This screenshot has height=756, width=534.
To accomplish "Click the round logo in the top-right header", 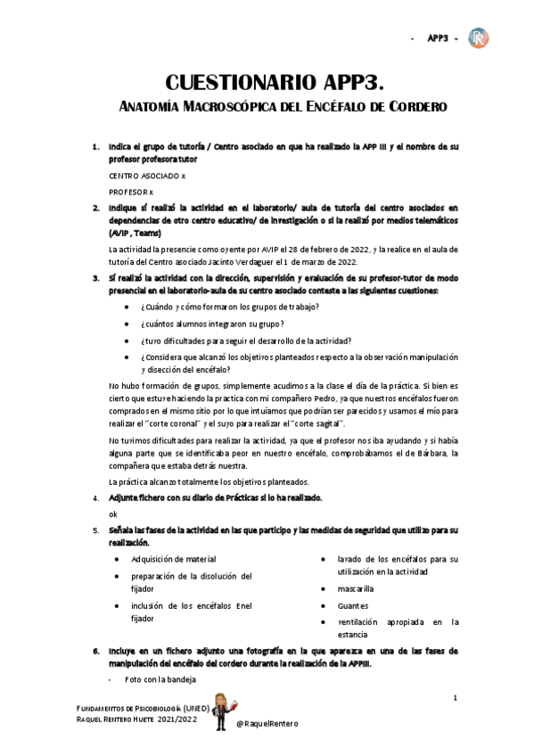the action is (x=480, y=38).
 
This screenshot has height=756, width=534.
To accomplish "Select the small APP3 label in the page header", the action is (x=438, y=38).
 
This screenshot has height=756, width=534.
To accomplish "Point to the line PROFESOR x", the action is (x=131, y=192).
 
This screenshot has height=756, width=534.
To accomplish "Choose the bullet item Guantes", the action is (x=352, y=605).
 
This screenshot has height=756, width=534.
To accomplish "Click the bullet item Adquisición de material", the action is (x=174, y=559).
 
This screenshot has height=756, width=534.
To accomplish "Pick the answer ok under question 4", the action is (x=113, y=514).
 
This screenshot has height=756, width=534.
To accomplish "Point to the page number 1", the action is (x=455, y=697).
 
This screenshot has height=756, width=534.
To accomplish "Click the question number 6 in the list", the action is (x=96, y=650).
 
